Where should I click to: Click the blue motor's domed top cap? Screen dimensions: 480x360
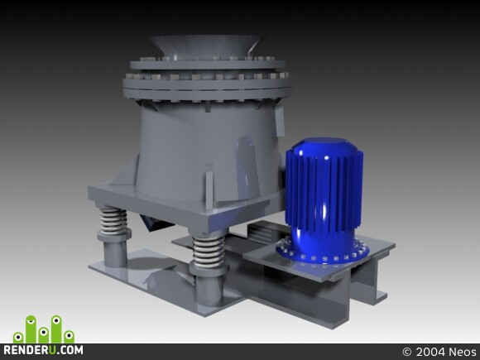click(x=324, y=146)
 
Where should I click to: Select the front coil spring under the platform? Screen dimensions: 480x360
click(x=209, y=252)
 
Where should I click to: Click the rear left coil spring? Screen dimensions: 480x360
click(x=113, y=221)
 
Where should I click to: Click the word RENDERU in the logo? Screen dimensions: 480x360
click(x=30, y=350)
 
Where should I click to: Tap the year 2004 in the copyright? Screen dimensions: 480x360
click(x=430, y=352)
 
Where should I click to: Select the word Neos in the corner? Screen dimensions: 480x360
click(x=463, y=352)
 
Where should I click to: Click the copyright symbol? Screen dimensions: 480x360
click(x=407, y=352)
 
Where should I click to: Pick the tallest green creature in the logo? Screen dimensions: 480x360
click(x=31, y=329)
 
